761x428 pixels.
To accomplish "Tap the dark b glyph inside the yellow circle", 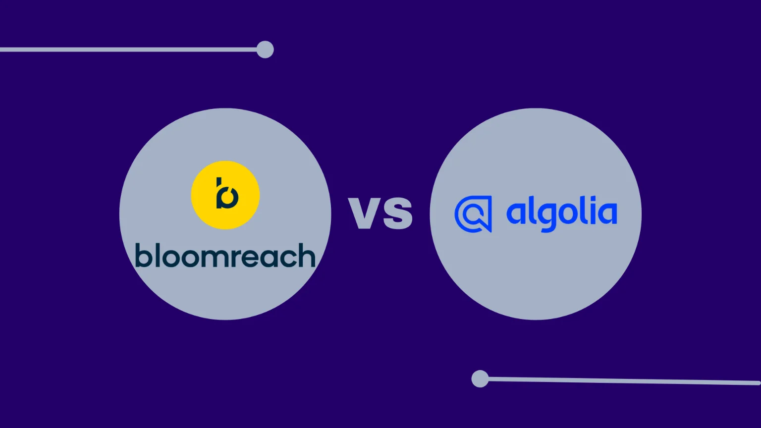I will coord(227,194).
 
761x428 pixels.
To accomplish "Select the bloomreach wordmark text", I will coord(225,256).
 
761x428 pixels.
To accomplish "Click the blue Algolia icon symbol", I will coord(473,214).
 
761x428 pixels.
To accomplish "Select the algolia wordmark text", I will coord(561,214).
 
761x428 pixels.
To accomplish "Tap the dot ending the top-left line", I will coord(265,50).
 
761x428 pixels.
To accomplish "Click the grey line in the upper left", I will coord(129,50).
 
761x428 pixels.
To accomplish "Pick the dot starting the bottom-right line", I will coord(480,379).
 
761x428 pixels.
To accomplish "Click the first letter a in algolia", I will coord(516,214).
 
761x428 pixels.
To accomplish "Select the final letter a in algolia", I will coord(607,214).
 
